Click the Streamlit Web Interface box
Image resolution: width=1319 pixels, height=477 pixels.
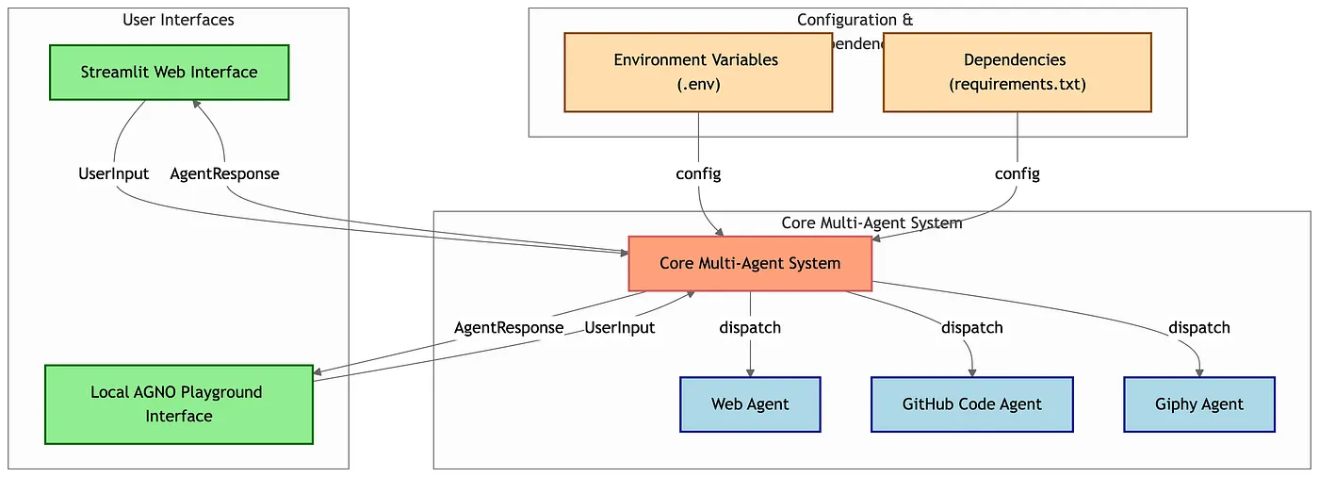tap(169, 73)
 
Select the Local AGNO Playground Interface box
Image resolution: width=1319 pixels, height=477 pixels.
tap(178, 404)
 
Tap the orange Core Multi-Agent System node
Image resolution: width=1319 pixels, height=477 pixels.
tap(750, 263)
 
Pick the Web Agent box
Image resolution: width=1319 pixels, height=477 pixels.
tap(750, 404)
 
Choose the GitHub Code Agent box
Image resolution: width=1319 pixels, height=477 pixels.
tap(971, 404)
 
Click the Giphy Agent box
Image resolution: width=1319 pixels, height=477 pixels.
tap(1198, 404)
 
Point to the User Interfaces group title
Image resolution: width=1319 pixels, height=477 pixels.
tap(178, 20)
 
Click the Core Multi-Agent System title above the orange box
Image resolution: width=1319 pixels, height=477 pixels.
tap(871, 223)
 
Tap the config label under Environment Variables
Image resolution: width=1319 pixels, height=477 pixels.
tap(698, 173)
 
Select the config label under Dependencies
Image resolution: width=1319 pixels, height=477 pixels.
tap(1018, 173)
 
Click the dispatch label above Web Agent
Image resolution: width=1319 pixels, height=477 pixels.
tap(750, 328)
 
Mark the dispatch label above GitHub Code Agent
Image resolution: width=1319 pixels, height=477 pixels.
tap(971, 328)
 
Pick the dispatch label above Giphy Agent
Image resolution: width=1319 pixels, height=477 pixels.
tap(1198, 328)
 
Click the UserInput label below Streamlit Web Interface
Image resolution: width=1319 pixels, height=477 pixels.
tap(113, 173)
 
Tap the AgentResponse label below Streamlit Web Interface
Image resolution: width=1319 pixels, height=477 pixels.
tap(224, 173)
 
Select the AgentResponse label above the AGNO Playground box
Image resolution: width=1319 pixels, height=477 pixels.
tap(509, 328)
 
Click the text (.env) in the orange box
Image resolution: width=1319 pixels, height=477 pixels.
tap(698, 84)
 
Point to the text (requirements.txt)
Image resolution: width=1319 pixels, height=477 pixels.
tap(1017, 84)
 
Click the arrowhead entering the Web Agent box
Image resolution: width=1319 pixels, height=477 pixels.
tap(750, 371)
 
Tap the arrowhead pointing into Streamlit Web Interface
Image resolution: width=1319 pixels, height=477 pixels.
tap(196, 106)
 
